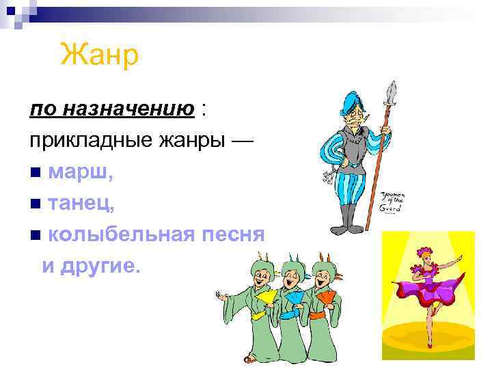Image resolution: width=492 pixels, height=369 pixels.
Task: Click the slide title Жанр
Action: [x=100, y=55]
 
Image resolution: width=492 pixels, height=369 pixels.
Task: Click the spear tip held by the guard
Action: [x=391, y=92]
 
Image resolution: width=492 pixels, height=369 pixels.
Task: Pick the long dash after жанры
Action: [x=241, y=141]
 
